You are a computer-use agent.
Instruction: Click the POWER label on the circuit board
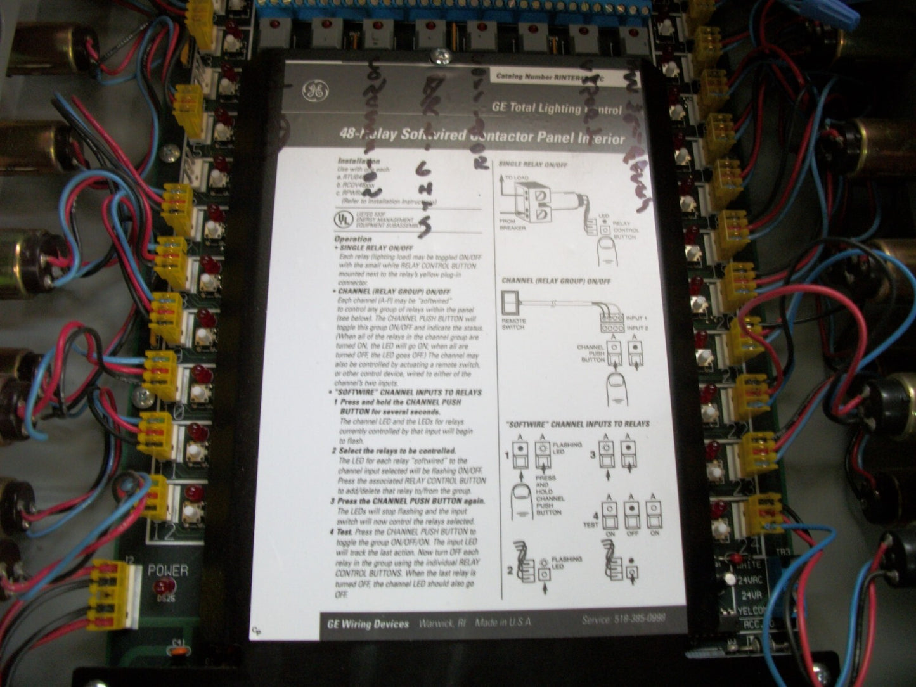coord(168,570)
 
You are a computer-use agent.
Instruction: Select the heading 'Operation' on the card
coord(353,239)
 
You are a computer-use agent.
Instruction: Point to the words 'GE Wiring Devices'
coord(368,624)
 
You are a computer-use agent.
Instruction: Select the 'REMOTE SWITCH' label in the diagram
coord(513,324)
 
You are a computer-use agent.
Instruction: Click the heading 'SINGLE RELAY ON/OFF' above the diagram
coord(533,164)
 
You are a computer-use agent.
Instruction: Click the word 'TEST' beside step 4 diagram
coord(590,525)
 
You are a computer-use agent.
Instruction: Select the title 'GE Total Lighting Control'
coord(557,108)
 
